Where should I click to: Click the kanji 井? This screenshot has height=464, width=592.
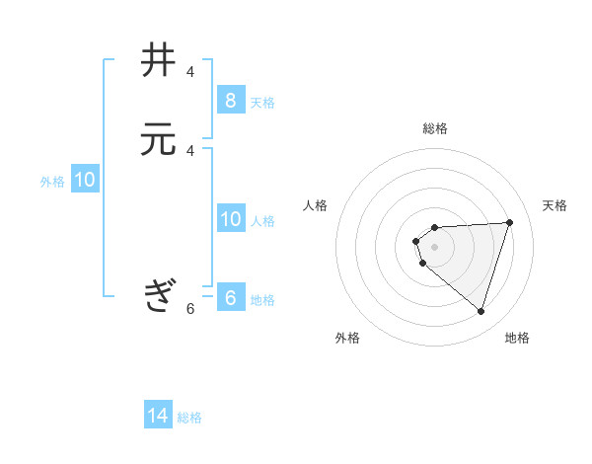pyautogui.click(x=159, y=61)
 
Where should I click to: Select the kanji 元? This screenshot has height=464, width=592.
pyautogui.click(x=159, y=140)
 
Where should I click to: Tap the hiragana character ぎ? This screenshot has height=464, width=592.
pyautogui.click(x=159, y=295)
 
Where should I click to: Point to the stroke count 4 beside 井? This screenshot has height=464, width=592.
pyautogui.click(x=190, y=72)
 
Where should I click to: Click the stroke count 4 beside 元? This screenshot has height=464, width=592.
pyautogui.click(x=190, y=150)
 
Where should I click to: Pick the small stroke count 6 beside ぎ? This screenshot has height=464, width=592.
pyautogui.click(x=190, y=308)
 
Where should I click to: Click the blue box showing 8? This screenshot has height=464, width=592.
pyautogui.click(x=230, y=101)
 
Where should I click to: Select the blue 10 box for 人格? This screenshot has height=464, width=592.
pyautogui.click(x=230, y=219)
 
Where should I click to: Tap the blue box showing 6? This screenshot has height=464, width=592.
pyautogui.click(x=230, y=298)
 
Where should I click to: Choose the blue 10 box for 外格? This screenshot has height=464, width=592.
pyautogui.click(x=85, y=180)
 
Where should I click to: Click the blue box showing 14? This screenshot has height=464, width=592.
pyautogui.click(x=158, y=416)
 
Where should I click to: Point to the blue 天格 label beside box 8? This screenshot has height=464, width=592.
pyautogui.click(x=262, y=102)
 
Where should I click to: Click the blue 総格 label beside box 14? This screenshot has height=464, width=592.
pyautogui.click(x=189, y=418)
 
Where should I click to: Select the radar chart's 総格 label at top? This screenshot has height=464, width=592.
pyautogui.click(x=435, y=128)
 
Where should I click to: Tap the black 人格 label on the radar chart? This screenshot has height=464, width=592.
pyautogui.click(x=316, y=205)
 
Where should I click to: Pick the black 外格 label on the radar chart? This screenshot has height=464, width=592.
pyautogui.click(x=347, y=338)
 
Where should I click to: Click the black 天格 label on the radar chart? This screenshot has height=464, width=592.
pyautogui.click(x=555, y=205)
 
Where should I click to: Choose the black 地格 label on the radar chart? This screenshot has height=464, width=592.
pyautogui.click(x=518, y=338)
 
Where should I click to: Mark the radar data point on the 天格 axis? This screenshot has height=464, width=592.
pyautogui.click(x=509, y=222)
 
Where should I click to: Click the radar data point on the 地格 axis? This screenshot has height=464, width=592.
pyautogui.click(x=481, y=311)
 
